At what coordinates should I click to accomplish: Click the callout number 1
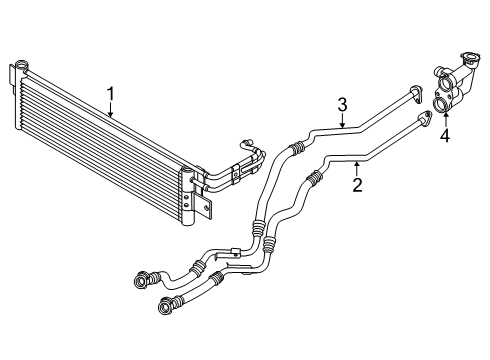tap(112, 95)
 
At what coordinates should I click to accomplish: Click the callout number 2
tap(357, 183)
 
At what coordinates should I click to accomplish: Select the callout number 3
tap(341, 103)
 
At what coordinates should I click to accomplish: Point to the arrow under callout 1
tap(112, 111)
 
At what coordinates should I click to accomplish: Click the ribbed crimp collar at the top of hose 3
tap(294, 150)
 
